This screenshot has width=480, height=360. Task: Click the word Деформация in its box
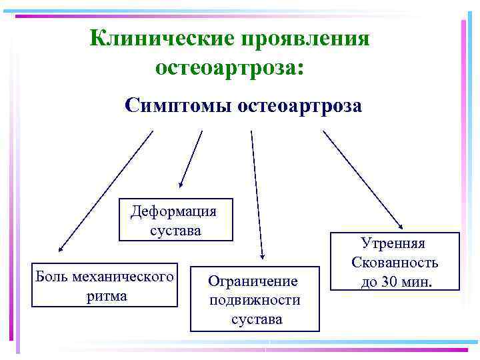(x=174, y=211)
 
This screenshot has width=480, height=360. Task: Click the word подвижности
(x=255, y=300)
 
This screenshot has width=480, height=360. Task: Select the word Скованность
(x=395, y=263)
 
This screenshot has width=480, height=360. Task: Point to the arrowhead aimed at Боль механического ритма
(x=61, y=248)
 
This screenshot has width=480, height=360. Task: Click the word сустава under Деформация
(x=175, y=230)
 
